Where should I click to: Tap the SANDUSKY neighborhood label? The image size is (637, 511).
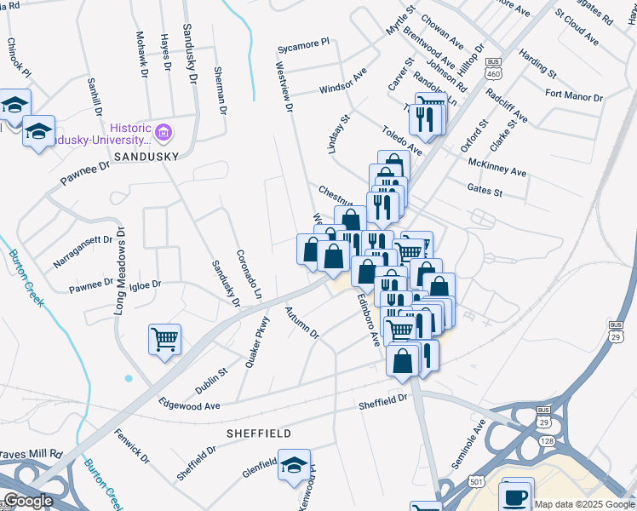click(x=146, y=157)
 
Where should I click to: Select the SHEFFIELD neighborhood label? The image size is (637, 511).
click(x=258, y=433)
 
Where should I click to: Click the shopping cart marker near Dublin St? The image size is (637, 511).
click(x=164, y=338)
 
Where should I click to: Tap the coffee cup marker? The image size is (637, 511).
click(x=517, y=495)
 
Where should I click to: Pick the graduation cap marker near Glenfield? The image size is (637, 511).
click(x=294, y=465)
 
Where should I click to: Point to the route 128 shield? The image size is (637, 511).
click(x=545, y=439)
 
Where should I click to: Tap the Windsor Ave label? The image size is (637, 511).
click(x=342, y=83)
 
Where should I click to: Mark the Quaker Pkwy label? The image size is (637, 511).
click(x=256, y=342)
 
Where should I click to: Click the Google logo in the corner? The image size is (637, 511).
click(x=28, y=501)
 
